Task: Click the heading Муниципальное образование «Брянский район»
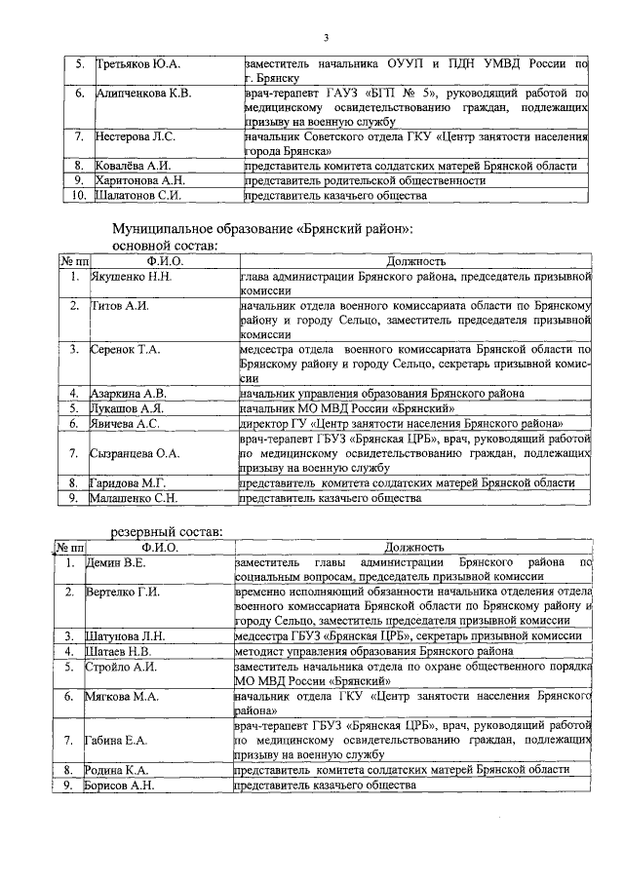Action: click(x=262, y=228)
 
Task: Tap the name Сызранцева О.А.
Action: click(x=135, y=452)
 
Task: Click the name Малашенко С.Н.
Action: click(x=132, y=498)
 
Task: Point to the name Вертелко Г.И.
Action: click(x=123, y=592)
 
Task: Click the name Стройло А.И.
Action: click(x=122, y=667)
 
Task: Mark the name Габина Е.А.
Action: click(x=119, y=740)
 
